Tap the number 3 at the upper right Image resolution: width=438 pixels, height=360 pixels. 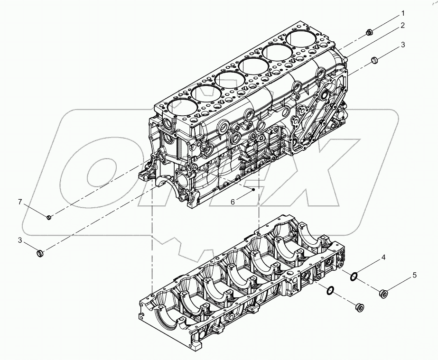point(402,45)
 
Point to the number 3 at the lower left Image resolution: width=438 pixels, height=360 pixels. point(20,240)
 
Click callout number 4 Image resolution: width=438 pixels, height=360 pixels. point(383,258)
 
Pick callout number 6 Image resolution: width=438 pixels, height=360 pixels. point(233,202)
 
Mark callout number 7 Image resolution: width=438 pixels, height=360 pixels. point(20,203)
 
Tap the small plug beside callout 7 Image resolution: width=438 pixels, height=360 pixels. point(48,217)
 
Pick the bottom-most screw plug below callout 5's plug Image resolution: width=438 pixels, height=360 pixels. point(358,307)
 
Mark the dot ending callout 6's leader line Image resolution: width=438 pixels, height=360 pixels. point(254,190)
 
